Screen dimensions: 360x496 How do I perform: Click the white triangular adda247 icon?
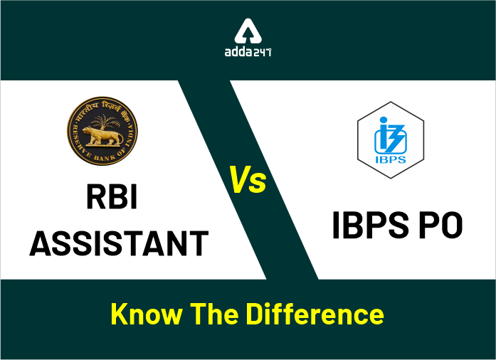(248, 31)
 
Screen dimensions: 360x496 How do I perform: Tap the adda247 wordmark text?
(247, 53)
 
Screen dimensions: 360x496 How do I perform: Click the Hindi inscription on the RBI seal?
(102, 107)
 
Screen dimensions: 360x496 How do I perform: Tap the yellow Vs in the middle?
(247, 179)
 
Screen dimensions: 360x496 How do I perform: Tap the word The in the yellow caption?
(219, 314)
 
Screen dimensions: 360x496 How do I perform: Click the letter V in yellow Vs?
(240, 179)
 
